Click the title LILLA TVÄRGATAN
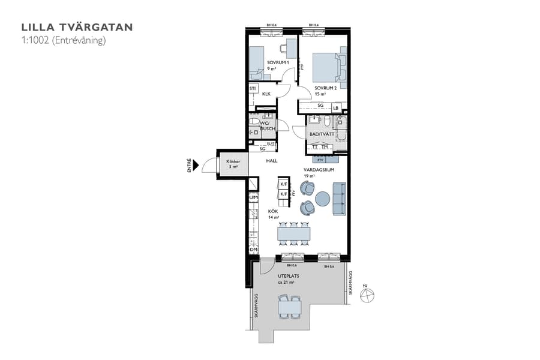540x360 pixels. click(x=77, y=27)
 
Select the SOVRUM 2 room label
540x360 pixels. click(x=325, y=91)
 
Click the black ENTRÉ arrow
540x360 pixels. click(x=195, y=164)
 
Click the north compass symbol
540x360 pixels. click(x=367, y=295)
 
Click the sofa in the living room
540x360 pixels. click(x=338, y=199)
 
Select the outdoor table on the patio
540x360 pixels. click(x=289, y=307)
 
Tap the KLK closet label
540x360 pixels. click(x=266, y=94)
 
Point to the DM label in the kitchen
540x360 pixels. click(x=253, y=249)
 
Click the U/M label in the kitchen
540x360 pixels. click(x=253, y=197)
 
